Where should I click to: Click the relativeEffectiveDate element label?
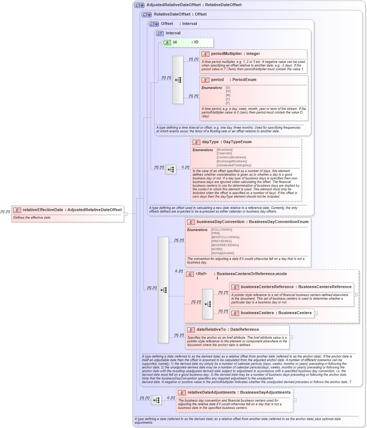(x=43, y=210)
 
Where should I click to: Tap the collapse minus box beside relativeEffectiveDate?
(x=126, y=214)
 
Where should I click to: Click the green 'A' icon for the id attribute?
(x=167, y=42)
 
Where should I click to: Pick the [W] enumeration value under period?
(x=228, y=91)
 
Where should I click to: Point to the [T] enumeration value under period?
(x=228, y=103)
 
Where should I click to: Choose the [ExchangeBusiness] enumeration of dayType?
(x=232, y=161)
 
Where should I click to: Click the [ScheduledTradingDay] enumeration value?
(x=234, y=165)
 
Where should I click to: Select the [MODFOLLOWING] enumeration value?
(x=225, y=237)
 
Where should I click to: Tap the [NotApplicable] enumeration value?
(x=222, y=253)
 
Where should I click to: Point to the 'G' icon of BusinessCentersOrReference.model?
(x=190, y=274)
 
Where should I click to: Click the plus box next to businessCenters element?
(x=316, y=313)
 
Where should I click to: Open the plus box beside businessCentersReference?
(x=355, y=295)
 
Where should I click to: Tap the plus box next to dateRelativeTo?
(x=291, y=337)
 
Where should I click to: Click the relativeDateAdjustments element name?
(x=211, y=392)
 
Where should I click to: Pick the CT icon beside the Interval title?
(x=160, y=33)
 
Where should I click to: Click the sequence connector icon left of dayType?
(x=171, y=169)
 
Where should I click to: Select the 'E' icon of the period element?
(x=205, y=80)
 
